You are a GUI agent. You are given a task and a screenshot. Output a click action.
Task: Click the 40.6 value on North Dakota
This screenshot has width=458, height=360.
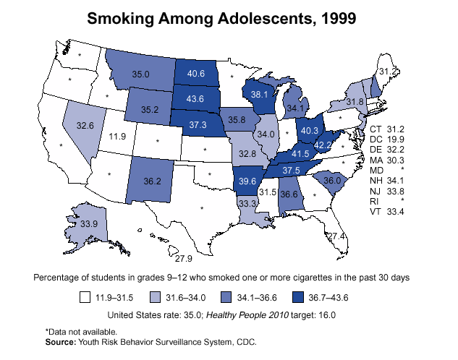tap(196, 74)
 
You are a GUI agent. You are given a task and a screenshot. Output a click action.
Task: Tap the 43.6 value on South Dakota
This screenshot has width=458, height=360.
tap(196, 99)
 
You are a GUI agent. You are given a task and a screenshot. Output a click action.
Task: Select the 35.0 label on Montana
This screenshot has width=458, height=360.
tap(140, 74)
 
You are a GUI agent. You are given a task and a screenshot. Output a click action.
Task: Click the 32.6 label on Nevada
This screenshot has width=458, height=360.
tap(85, 126)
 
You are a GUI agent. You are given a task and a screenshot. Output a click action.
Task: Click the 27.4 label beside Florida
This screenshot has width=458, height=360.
tap(336, 236)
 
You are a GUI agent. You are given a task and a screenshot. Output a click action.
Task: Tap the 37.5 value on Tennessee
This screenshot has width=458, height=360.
tap(292, 170)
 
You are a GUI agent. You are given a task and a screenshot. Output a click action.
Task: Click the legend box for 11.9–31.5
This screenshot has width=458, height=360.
tap(85, 296)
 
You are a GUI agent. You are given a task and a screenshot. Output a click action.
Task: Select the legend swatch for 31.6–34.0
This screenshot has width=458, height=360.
tap(155, 296)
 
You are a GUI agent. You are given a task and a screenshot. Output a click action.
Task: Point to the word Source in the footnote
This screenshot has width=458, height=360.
tap(62, 341)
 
